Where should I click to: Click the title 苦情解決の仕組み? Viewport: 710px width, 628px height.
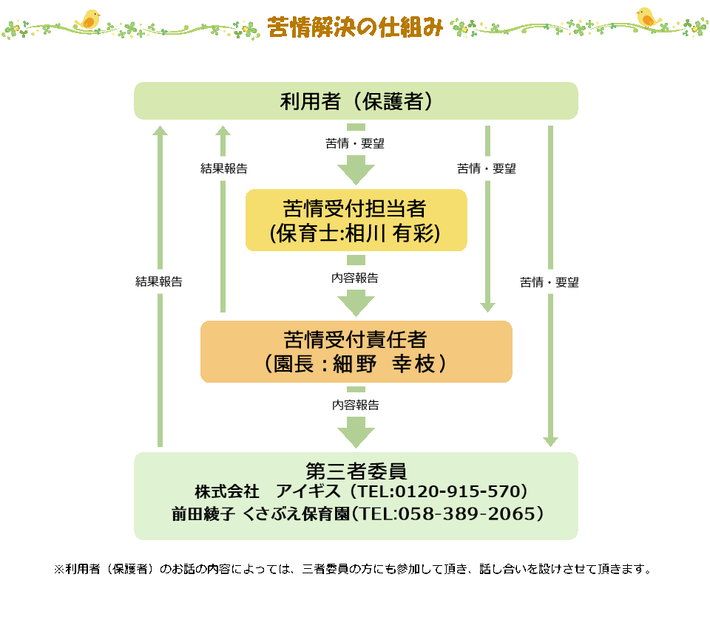click(355, 27)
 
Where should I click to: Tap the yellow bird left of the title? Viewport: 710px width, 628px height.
click(89, 19)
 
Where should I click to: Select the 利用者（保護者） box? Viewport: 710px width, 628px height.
click(356, 100)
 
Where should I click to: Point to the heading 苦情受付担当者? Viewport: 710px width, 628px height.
click(355, 209)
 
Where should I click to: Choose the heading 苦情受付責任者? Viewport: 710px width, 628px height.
click(356, 340)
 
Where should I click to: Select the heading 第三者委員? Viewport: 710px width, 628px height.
click(356, 471)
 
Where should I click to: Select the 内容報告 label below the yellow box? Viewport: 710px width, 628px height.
click(355, 279)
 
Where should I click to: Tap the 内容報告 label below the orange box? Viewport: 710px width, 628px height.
click(355, 406)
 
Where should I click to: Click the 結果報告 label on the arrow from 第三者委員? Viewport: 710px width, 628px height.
click(159, 281)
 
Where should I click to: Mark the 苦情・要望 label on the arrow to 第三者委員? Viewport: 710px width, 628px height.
click(550, 282)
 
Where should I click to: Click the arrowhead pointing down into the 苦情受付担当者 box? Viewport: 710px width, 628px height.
click(356, 174)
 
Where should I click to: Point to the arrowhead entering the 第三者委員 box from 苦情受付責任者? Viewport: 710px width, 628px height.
click(356, 434)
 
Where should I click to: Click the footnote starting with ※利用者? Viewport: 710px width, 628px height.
click(353, 570)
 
